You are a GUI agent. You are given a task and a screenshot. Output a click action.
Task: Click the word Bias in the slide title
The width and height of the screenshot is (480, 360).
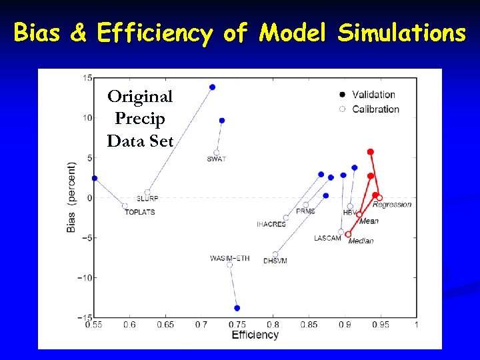point(41,32)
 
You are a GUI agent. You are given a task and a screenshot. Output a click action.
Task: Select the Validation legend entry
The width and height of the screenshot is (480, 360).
point(373,95)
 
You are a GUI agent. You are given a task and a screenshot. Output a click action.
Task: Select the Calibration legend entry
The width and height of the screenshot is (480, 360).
point(375,109)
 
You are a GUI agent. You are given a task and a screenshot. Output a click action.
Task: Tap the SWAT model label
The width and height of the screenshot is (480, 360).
point(216,159)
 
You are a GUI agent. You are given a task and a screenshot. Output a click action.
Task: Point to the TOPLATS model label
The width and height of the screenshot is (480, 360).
point(139,212)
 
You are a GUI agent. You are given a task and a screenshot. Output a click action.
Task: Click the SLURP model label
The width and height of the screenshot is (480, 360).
point(147,199)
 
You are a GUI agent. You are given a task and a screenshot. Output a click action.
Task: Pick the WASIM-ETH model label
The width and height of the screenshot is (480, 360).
point(229,258)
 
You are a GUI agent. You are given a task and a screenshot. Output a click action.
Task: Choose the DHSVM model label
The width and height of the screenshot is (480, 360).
point(275,261)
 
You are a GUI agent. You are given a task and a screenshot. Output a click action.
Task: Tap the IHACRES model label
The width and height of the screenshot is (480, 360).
point(271,225)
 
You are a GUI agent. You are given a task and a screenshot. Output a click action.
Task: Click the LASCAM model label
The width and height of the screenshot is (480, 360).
point(327,238)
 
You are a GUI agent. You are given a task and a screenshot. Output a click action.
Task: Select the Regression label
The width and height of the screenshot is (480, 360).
point(392,205)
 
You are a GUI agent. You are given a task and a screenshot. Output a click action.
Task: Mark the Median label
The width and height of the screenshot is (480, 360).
point(361,241)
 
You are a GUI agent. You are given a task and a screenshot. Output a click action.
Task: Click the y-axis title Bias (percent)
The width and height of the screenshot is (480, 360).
point(71,197)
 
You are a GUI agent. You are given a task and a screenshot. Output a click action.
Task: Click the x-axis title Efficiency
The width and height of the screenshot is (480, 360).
point(255,335)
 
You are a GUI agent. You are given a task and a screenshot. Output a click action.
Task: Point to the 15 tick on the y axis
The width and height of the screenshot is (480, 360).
point(87,78)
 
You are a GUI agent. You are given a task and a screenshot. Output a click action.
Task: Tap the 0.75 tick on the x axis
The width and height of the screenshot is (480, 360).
point(237,325)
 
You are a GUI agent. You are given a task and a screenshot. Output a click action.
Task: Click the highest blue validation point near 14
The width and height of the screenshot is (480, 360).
point(212,87)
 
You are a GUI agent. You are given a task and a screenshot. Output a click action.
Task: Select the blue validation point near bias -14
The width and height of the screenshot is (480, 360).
point(237,308)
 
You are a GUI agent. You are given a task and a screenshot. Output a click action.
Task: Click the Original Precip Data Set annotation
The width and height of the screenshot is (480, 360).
point(140,119)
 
